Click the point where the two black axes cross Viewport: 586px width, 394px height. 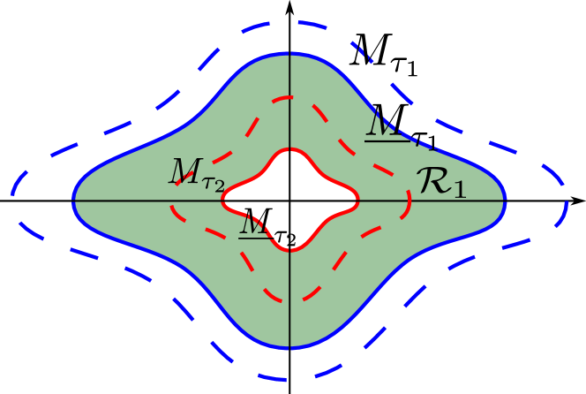pos(290,201)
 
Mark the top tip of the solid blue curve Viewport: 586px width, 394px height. pos(290,54)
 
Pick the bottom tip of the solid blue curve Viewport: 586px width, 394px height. pos(290,348)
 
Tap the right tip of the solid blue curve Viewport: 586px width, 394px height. pos(506,201)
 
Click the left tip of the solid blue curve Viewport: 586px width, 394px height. pos(73,201)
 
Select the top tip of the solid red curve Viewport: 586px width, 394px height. pos(290,150)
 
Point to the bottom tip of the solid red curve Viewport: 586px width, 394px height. pos(290,250)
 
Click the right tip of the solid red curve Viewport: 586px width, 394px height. pos(357,201)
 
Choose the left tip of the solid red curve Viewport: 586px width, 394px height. pos(222,201)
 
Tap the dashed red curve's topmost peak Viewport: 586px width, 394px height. pos(290,96)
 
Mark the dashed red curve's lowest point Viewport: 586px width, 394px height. pos(290,300)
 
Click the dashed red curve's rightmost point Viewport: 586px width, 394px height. pos(410,201)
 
